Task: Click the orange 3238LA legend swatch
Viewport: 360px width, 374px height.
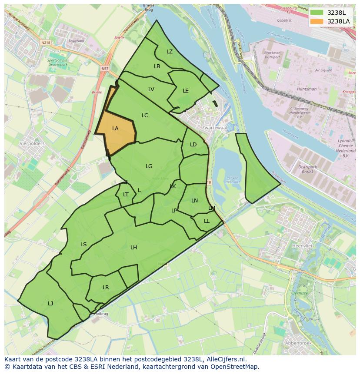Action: coord(317,21)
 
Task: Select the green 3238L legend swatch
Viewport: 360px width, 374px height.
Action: coord(317,13)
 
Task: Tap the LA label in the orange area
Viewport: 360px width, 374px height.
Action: coord(115,129)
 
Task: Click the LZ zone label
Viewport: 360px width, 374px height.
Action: coord(170,52)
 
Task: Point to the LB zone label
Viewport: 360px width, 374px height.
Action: coord(157,66)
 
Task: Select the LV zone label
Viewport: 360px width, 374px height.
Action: coord(151,89)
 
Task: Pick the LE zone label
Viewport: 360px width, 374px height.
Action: coord(186,91)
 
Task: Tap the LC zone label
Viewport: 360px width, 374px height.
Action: coord(145,116)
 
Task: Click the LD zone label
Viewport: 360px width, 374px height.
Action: coord(193,145)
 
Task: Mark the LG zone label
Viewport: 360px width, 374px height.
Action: coord(149,166)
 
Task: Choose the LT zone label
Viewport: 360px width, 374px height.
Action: coord(126,195)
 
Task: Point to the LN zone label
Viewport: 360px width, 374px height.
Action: coord(194,201)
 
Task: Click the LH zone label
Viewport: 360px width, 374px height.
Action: coord(134,248)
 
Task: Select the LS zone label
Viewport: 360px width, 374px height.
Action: coord(83,245)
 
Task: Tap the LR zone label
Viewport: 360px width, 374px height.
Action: coord(106,288)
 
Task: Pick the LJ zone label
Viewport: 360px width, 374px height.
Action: coord(50,304)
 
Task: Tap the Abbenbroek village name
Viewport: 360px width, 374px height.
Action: coord(297,343)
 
